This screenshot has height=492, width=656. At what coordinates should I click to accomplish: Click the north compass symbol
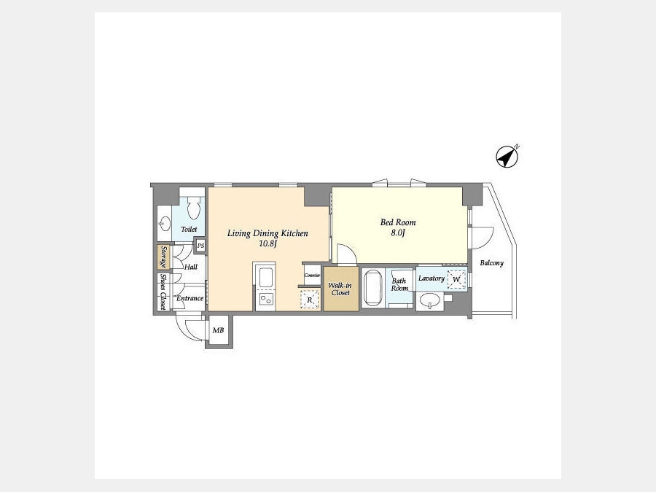[x=507, y=157]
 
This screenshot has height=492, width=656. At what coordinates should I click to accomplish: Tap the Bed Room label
[x=398, y=222]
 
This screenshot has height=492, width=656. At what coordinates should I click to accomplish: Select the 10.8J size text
[x=268, y=243]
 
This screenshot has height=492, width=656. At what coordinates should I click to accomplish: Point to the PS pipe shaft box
[x=201, y=246]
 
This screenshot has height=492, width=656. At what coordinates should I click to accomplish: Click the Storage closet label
[x=163, y=257]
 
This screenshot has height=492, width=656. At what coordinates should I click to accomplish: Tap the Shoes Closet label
[x=163, y=292]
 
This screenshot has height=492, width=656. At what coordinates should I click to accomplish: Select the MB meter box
[x=219, y=330]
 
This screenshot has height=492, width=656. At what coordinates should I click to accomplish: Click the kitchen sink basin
[x=265, y=277]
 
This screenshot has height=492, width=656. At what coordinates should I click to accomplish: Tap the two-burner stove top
[x=265, y=299]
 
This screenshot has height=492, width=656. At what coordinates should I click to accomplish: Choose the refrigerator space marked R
[x=310, y=300]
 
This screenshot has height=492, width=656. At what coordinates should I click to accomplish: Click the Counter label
[x=312, y=276]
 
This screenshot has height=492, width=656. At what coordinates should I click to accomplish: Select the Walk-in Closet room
[x=341, y=289]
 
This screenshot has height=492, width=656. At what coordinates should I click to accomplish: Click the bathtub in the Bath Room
[x=372, y=288]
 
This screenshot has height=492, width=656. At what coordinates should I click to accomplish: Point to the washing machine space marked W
[x=456, y=279]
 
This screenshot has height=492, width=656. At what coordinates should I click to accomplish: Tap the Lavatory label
[x=432, y=278]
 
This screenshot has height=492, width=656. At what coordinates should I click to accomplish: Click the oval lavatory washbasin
[x=429, y=300]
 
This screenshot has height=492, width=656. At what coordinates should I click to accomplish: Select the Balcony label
[x=491, y=262]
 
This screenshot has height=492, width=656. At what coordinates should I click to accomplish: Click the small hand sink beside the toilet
[x=165, y=224]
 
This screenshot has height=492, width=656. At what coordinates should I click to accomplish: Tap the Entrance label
[x=190, y=298]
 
